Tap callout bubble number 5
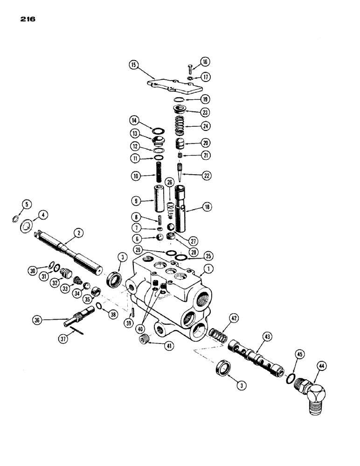[27, 203]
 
